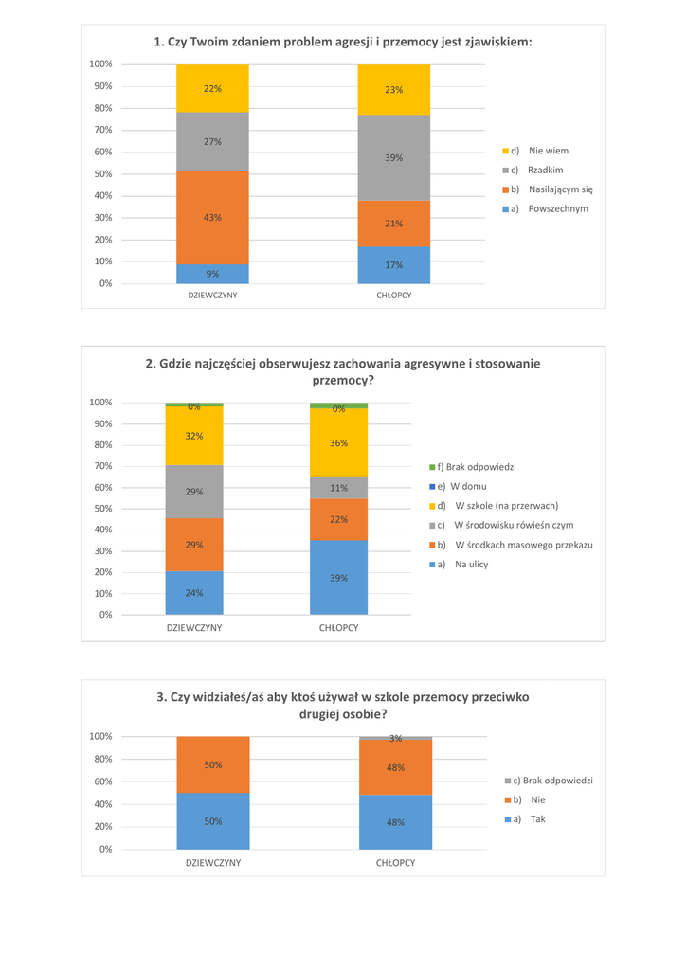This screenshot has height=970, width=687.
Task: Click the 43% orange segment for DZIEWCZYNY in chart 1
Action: pyautogui.click(x=212, y=218)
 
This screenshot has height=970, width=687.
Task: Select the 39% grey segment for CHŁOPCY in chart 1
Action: pyautogui.click(x=393, y=157)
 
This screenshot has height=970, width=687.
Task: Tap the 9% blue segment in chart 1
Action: pyautogui.click(x=212, y=274)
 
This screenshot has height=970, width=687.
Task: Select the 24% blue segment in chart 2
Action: pyautogui.click(x=194, y=593)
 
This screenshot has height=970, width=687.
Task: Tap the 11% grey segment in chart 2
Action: pyautogui.click(x=338, y=488)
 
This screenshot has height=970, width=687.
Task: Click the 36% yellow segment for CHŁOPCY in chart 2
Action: pyautogui.click(x=338, y=442)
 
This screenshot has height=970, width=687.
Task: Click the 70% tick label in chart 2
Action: pyautogui.click(x=101, y=466)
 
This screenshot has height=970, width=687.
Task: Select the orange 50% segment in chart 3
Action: pyautogui.click(x=212, y=764)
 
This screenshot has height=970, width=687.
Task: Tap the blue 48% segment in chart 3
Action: pyautogui.click(x=395, y=822)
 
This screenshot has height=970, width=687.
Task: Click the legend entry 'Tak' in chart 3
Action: pyautogui.click(x=537, y=819)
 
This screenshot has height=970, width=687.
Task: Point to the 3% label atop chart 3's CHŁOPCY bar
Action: pyautogui.click(x=396, y=738)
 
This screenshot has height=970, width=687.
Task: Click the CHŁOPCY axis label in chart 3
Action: pyautogui.click(x=395, y=864)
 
